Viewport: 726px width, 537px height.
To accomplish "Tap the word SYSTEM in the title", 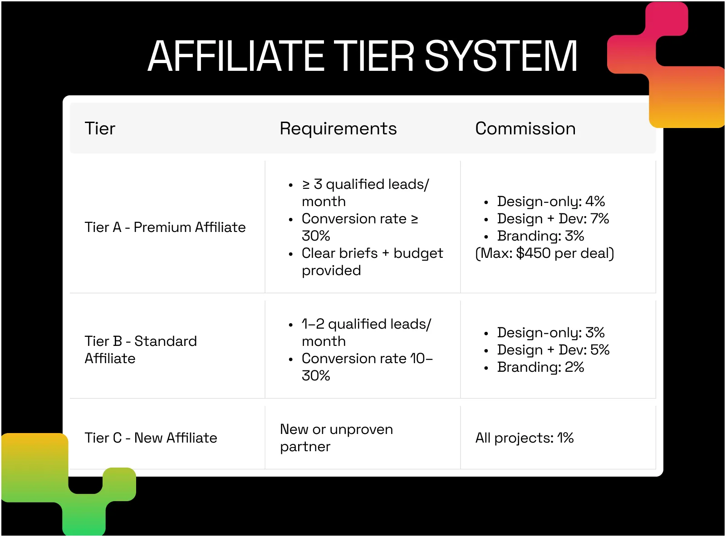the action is (x=500, y=56).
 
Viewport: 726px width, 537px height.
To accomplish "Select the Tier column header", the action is (x=100, y=128).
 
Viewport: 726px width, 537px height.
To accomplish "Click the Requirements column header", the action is (x=338, y=128).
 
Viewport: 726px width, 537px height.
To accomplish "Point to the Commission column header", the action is (x=525, y=128).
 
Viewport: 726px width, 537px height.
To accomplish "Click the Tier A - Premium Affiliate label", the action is (x=165, y=227).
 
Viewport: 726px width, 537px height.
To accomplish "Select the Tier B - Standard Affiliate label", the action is (x=141, y=350).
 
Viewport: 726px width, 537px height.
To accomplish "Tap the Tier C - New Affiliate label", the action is (x=151, y=438).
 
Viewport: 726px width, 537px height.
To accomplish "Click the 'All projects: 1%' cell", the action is (x=525, y=438).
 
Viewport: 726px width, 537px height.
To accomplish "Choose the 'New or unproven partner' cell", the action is (x=337, y=438).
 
